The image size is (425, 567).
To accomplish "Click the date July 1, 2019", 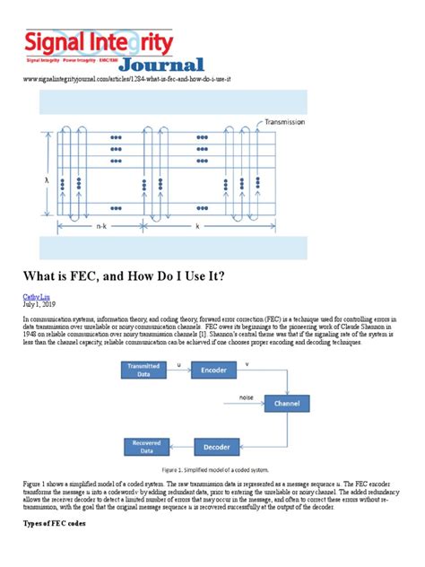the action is click(40, 305).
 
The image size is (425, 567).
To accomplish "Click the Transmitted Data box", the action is click(145, 369).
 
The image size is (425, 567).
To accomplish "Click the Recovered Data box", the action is click(145, 445).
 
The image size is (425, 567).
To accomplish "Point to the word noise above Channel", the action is click(246, 396).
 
